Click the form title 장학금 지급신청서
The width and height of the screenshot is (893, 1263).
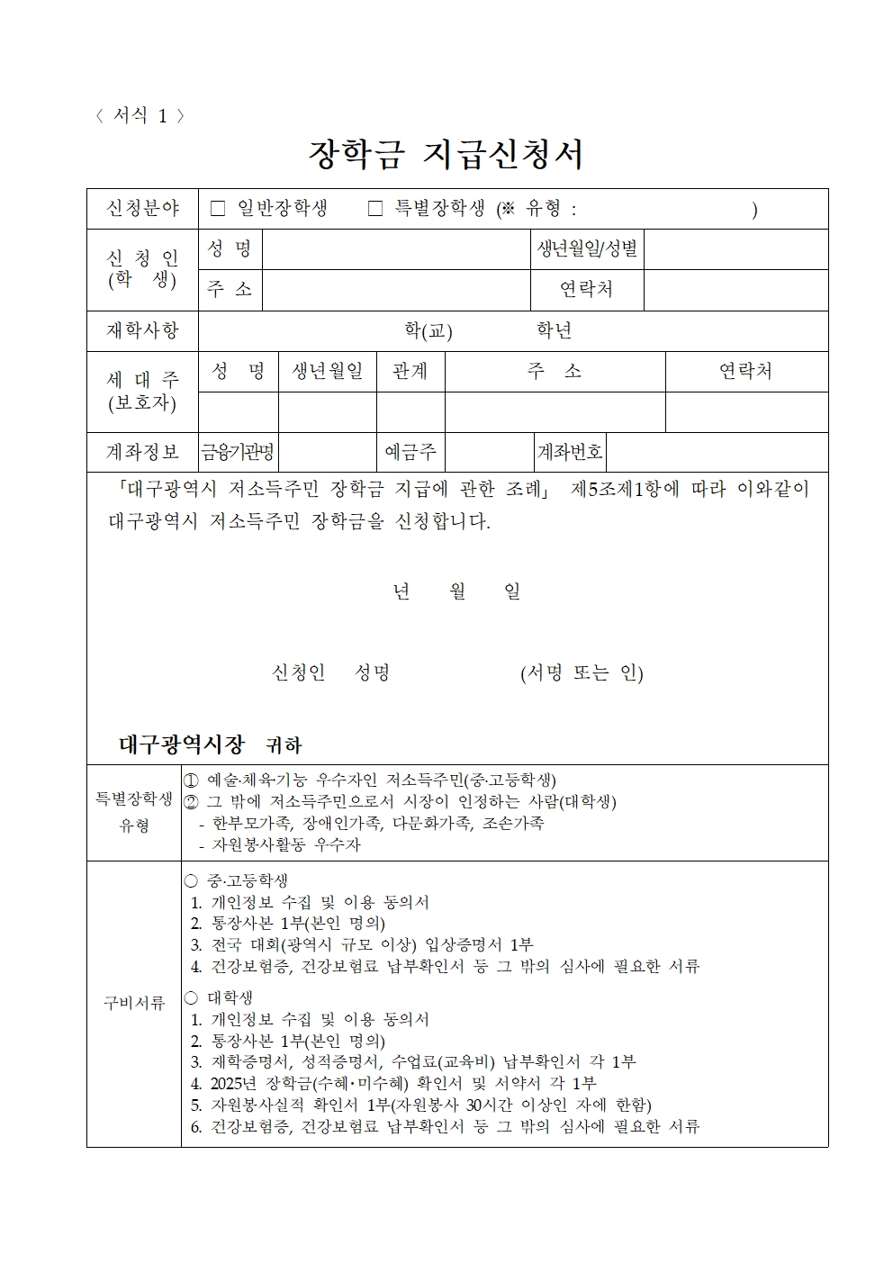coord(446,154)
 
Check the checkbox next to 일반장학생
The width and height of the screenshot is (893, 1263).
coord(217,209)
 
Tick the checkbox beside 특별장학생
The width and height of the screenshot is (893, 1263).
coord(375,209)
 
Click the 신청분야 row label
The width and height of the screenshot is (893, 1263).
coord(142,209)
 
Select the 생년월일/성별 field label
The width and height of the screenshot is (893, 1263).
coord(587,249)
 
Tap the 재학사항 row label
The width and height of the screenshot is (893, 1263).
coord(142,330)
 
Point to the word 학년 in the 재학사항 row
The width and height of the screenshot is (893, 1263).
coord(554,330)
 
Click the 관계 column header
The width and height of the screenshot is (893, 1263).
coord(410,371)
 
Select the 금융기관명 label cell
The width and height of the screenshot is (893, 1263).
coord(238,452)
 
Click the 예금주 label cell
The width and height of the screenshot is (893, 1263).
coord(410,452)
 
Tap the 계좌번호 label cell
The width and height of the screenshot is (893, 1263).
coord(569,452)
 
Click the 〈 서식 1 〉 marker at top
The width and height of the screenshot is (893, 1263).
coord(140,116)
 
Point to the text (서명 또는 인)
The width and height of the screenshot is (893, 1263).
coord(582,673)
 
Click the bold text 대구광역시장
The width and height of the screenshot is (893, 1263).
coord(182,744)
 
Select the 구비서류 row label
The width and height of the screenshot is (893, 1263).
coord(134,1004)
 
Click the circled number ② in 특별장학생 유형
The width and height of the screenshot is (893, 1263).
coord(191,801)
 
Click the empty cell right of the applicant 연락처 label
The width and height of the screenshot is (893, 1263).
coord(735,290)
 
